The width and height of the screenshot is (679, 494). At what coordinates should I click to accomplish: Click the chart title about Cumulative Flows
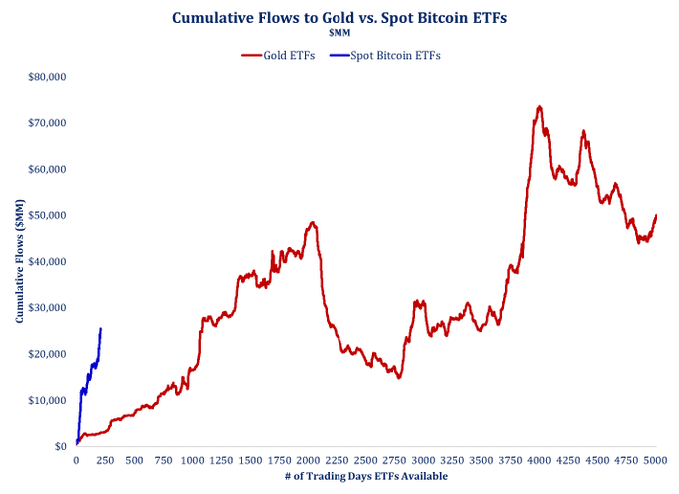[x=339, y=17]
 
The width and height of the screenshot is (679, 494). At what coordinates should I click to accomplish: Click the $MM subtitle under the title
[x=339, y=33]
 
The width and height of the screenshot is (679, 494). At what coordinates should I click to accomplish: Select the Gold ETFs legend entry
[x=279, y=55]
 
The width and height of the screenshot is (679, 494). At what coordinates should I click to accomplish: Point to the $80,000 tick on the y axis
[x=45, y=76]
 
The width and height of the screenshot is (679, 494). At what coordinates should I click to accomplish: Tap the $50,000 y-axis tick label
[x=45, y=215]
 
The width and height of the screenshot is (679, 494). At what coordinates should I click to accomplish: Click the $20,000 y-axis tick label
[x=45, y=354]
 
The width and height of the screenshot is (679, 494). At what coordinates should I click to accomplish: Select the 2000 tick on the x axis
[x=308, y=461]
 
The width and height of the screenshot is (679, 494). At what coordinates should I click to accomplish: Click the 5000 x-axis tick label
[x=655, y=461]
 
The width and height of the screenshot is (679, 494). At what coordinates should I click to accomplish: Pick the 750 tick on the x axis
[x=163, y=461]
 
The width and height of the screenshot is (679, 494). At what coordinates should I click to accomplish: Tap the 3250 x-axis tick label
[x=452, y=461]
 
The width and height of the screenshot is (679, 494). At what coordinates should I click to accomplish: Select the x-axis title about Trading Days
[x=365, y=477]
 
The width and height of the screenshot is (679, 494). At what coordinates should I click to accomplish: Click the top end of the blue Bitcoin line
[x=100, y=328]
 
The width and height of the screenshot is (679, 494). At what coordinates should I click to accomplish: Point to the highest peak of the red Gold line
[x=539, y=106]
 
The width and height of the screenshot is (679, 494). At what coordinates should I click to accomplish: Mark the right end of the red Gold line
[x=656, y=215]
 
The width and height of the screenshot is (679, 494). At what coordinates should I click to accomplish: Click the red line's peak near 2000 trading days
[x=313, y=222]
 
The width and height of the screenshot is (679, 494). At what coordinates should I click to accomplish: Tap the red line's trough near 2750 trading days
[x=398, y=377]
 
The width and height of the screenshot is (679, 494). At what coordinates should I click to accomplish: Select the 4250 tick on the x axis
[x=568, y=461]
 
